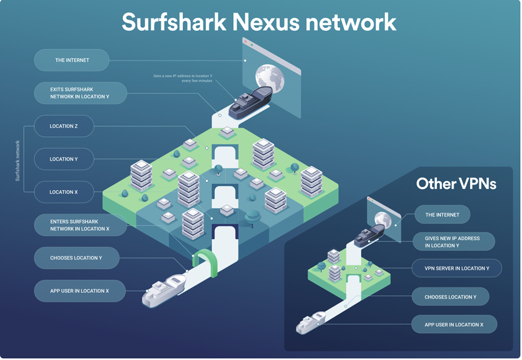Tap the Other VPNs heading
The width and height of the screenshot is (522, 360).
pyautogui.click(x=456, y=184)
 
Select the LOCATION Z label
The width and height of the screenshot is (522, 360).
pyautogui.click(x=64, y=126)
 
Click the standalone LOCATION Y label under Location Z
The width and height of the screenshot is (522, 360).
pyautogui.click(x=64, y=159)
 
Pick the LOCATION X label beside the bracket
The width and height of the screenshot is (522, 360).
pyautogui.click(x=64, y=192)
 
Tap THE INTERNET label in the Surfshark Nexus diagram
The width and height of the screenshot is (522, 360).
pyautogui.click(x=71, y=60)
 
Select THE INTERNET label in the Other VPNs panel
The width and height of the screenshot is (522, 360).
pyautogui.click(x=442, y=214)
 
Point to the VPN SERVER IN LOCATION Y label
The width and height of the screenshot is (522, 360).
pyautogui.click(x=456, y=268)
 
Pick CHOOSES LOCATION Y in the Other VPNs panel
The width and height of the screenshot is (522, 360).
pyautogui.click(x=451, y=297)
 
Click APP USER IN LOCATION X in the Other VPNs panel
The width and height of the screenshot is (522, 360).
pyautogui.click(x=454, y=325)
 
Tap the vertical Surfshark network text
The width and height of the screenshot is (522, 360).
pyautogui.click(x=17, y=161)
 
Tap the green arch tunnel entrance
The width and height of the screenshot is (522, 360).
pyautogui.click(x=204, y=260)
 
